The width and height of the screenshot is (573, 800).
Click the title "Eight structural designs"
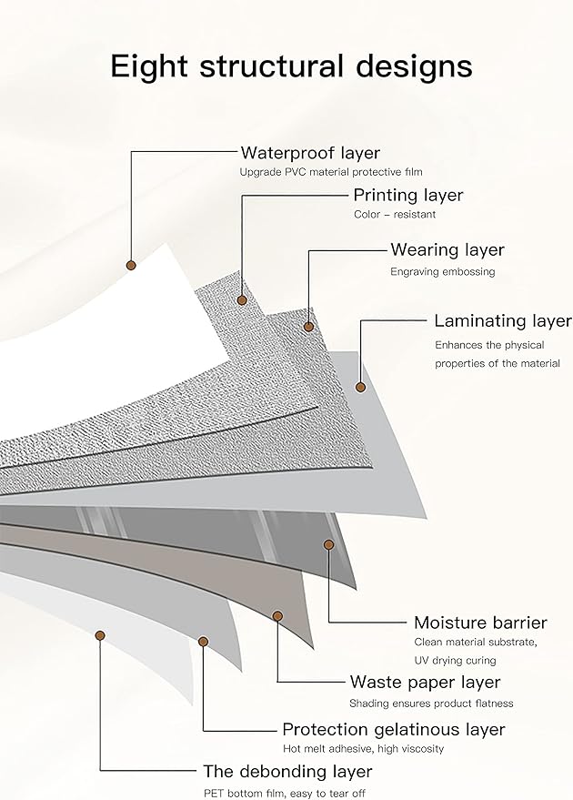[x=291, y=66]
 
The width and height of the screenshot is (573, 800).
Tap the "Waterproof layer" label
[x=310, y=152]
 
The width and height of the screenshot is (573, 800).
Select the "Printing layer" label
[x=407, y=195]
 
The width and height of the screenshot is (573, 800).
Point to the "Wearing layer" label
[x=447, y=249]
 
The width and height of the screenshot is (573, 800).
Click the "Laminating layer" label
[x=502, y=320]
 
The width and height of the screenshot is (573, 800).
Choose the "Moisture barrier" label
[x=480, y=623]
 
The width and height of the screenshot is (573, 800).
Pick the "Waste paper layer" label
[x=425, y=682]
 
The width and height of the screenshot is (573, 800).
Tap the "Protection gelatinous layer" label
[x=393, y=729]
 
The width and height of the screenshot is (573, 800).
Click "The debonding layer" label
[x=287, y=771]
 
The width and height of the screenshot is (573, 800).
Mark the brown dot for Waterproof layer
[x=130, y=265]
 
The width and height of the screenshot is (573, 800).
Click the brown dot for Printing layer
[x=242, y=299]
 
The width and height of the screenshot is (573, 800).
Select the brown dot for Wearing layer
[x=309, y=326]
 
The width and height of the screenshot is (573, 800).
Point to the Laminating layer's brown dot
[x=360, y=387]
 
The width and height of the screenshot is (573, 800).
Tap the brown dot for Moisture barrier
[x=328, y=544]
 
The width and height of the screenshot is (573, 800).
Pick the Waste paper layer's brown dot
[x=277, y=616]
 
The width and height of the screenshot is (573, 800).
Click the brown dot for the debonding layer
[x=100, y=634]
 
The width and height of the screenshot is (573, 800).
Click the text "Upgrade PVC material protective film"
[x=331, y=171]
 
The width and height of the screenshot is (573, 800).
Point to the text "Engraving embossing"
[x=443, y=271]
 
